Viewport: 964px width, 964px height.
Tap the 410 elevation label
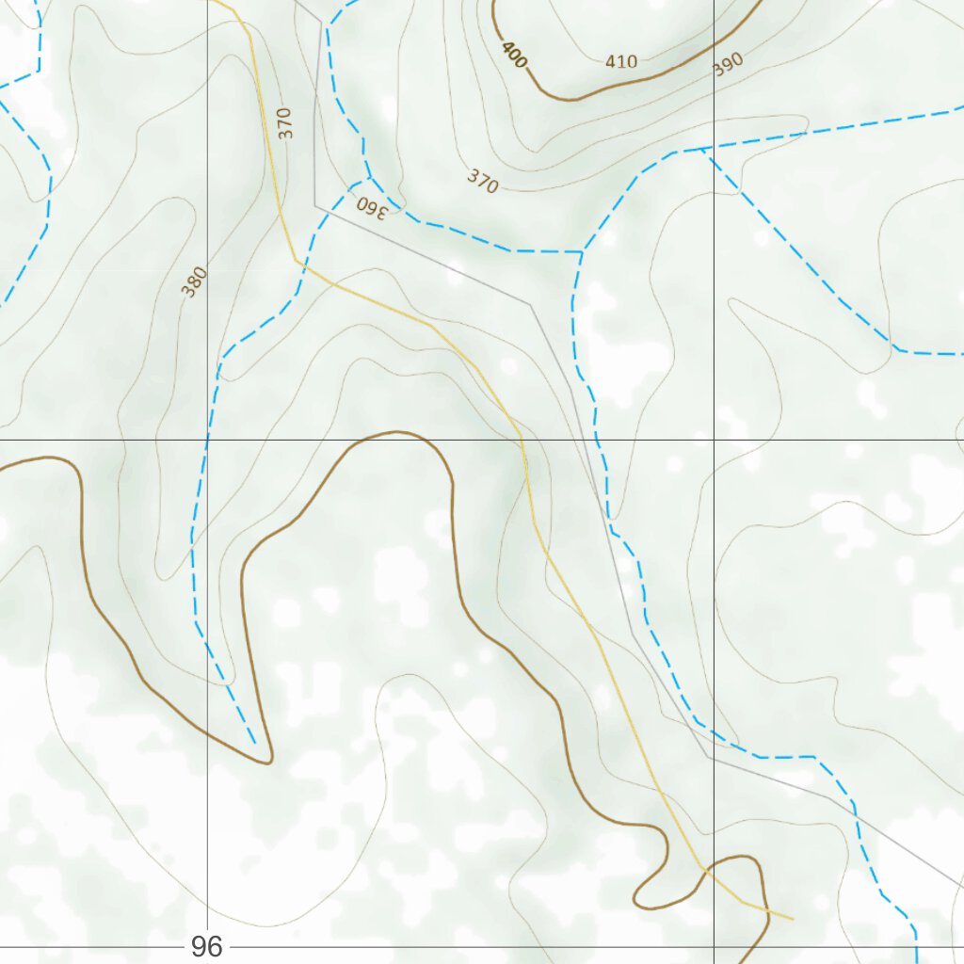pos(621,62)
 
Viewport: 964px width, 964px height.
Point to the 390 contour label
pos(728,64)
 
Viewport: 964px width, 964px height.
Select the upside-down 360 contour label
pos(371,206)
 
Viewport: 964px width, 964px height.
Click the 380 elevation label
pos(195,282)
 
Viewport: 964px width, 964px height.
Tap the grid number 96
pos(206,946)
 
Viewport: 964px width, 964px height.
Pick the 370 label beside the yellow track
pos(286,123)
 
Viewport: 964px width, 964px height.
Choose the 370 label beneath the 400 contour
pos(482,181)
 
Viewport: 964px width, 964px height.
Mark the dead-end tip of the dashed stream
pos(255,743)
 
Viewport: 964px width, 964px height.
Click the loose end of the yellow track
pos(793,918)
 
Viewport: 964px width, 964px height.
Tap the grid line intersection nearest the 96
pos(207,947)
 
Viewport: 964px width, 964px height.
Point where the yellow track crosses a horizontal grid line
pos(522,440)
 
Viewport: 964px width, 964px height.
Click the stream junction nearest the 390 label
pos(703,150)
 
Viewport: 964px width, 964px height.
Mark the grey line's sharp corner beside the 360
pos(314,204)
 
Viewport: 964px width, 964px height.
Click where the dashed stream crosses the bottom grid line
pos(916,947)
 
